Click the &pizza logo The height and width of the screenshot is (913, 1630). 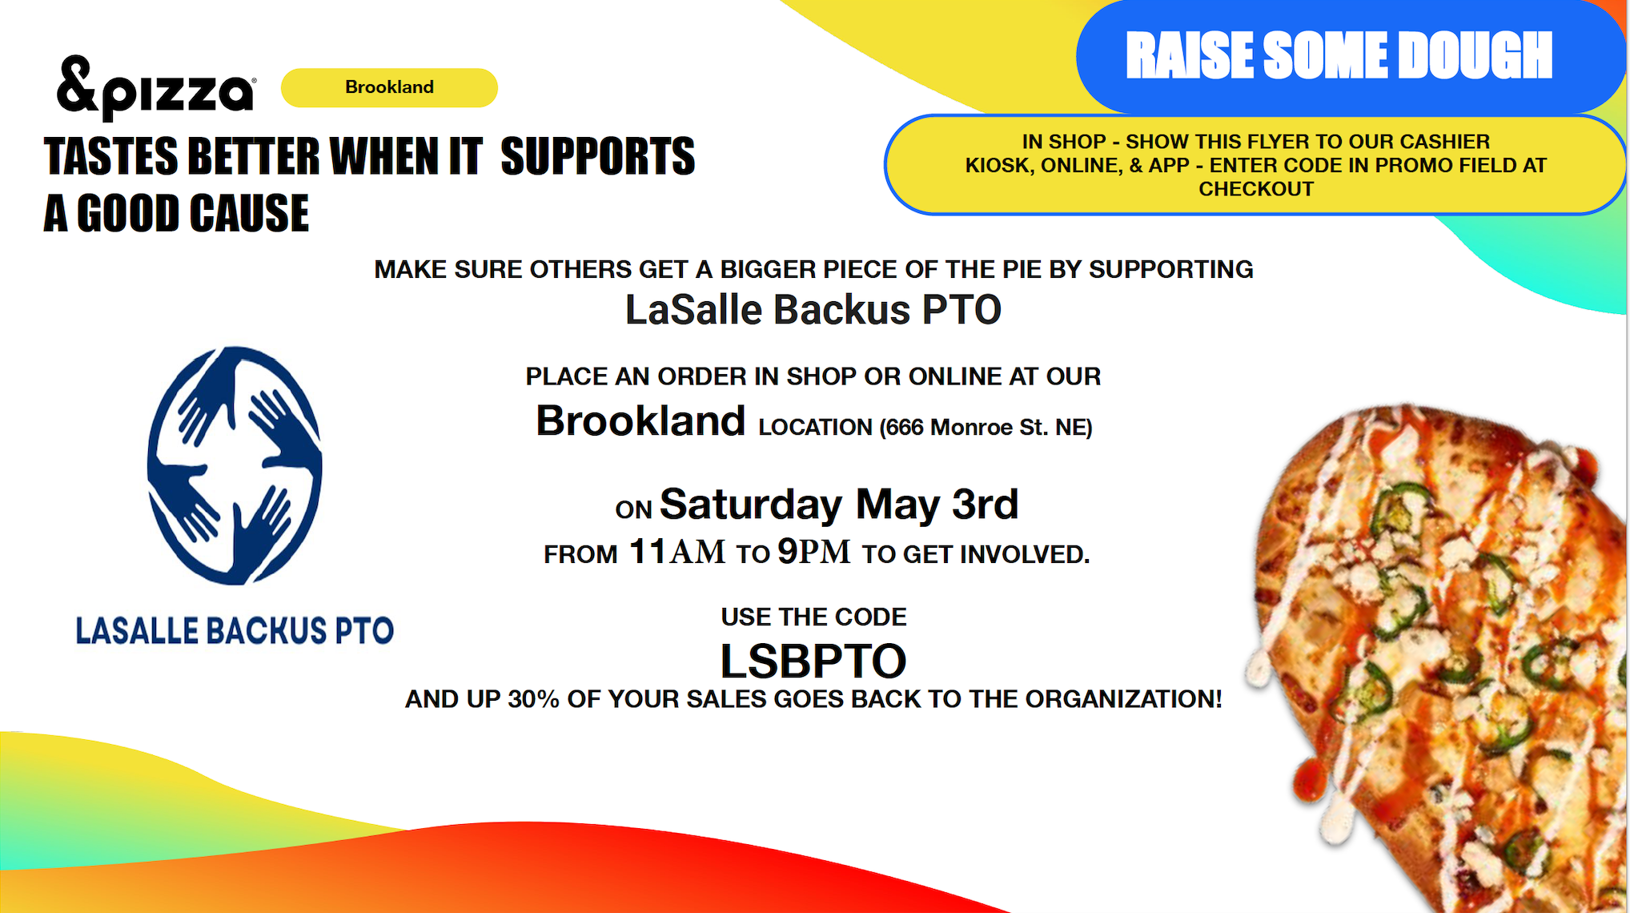coord(156,87)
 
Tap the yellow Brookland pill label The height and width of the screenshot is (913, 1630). coord(389,87)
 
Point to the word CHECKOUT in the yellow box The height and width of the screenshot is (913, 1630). coord(1256,189)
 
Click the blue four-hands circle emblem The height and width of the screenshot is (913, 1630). coord(235,465)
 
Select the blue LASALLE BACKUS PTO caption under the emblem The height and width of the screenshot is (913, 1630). coord(235,630)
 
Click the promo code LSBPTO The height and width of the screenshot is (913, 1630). coord(813,661)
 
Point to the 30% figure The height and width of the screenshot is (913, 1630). coord(533,699)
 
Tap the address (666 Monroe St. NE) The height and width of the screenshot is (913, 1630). coord(986,428)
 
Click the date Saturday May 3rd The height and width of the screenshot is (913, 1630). coord(839,505)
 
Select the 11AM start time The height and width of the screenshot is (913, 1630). coord(677,552)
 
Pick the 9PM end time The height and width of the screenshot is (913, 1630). coord(814,552)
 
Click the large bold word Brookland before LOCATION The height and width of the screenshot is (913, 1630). coord(640,420)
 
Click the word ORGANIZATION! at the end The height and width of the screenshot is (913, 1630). coord(1124,699)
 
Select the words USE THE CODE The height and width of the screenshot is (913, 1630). coord(813,617)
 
